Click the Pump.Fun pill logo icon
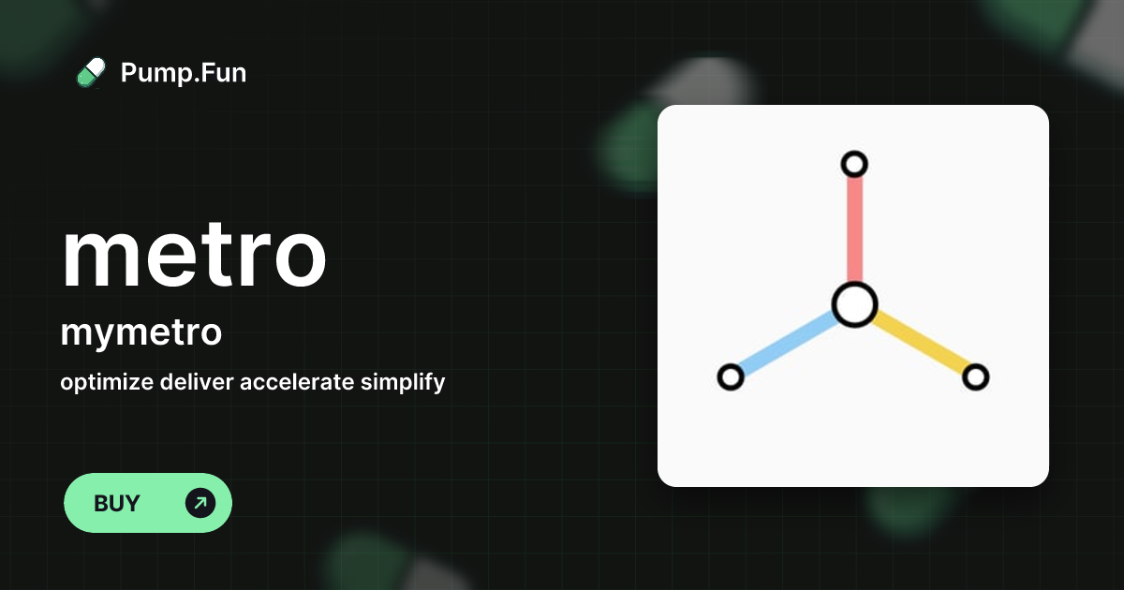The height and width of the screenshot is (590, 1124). tap(91, 73)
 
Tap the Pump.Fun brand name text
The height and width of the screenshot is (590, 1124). tap(184, 73)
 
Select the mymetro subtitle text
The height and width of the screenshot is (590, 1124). tap(140, 332)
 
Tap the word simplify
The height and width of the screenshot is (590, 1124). tap(403, 382)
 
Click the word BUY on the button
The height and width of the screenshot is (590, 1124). tap(117, 503)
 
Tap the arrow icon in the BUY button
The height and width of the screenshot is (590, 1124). tap(200, 503)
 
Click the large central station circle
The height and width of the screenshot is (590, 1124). tap(854, 304)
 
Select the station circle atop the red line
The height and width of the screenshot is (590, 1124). tap(854, 165)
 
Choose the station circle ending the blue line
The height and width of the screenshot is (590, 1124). tap(730, 377)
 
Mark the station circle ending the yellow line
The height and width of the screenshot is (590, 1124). tap(976, 377)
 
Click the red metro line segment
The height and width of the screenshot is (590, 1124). tap(854, 229)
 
